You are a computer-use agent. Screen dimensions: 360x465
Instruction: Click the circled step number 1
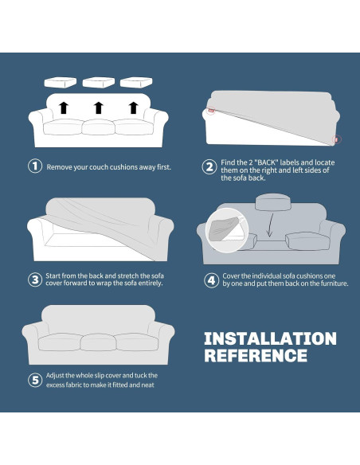35,166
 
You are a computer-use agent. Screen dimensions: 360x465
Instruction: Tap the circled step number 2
209,167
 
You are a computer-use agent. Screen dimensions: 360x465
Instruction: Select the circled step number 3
35,279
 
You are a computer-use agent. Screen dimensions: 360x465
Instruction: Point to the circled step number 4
211,280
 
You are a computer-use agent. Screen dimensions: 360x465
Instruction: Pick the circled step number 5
35,380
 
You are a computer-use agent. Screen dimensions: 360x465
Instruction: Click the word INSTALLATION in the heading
270,338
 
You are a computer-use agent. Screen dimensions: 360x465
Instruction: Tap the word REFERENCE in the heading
256,355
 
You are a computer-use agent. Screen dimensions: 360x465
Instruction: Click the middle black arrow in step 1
99,107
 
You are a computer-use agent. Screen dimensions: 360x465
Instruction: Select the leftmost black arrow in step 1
64,107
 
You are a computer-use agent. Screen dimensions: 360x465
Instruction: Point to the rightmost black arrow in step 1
134,107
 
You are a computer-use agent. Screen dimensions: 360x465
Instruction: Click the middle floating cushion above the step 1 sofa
99,82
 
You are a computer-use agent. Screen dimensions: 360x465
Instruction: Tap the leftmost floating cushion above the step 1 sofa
61,82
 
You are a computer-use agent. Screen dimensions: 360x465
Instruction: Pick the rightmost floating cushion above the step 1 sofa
136,82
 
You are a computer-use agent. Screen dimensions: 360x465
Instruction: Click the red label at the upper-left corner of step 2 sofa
211,111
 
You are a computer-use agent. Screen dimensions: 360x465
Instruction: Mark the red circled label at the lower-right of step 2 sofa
337,139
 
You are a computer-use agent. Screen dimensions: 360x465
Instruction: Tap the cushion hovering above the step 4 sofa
273,202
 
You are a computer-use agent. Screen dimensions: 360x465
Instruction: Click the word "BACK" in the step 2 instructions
267,162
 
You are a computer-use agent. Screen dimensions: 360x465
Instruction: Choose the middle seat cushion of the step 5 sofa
98,342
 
